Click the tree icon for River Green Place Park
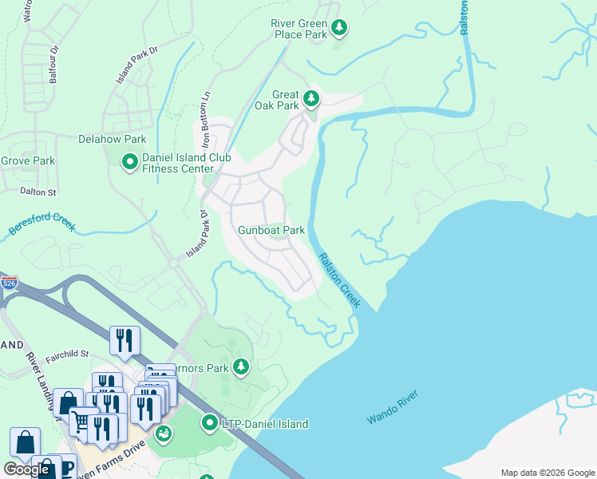339,29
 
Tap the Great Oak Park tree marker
310,100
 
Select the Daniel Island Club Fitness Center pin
129,163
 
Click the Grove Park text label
28,160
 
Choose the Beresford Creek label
42,222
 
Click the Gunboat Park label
271,230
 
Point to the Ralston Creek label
339,280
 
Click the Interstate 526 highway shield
10,282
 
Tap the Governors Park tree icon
241,367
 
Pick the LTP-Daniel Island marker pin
210,422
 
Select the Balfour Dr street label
54,64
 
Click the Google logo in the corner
27,469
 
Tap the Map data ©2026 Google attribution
548,473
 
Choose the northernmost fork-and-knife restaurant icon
124,339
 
